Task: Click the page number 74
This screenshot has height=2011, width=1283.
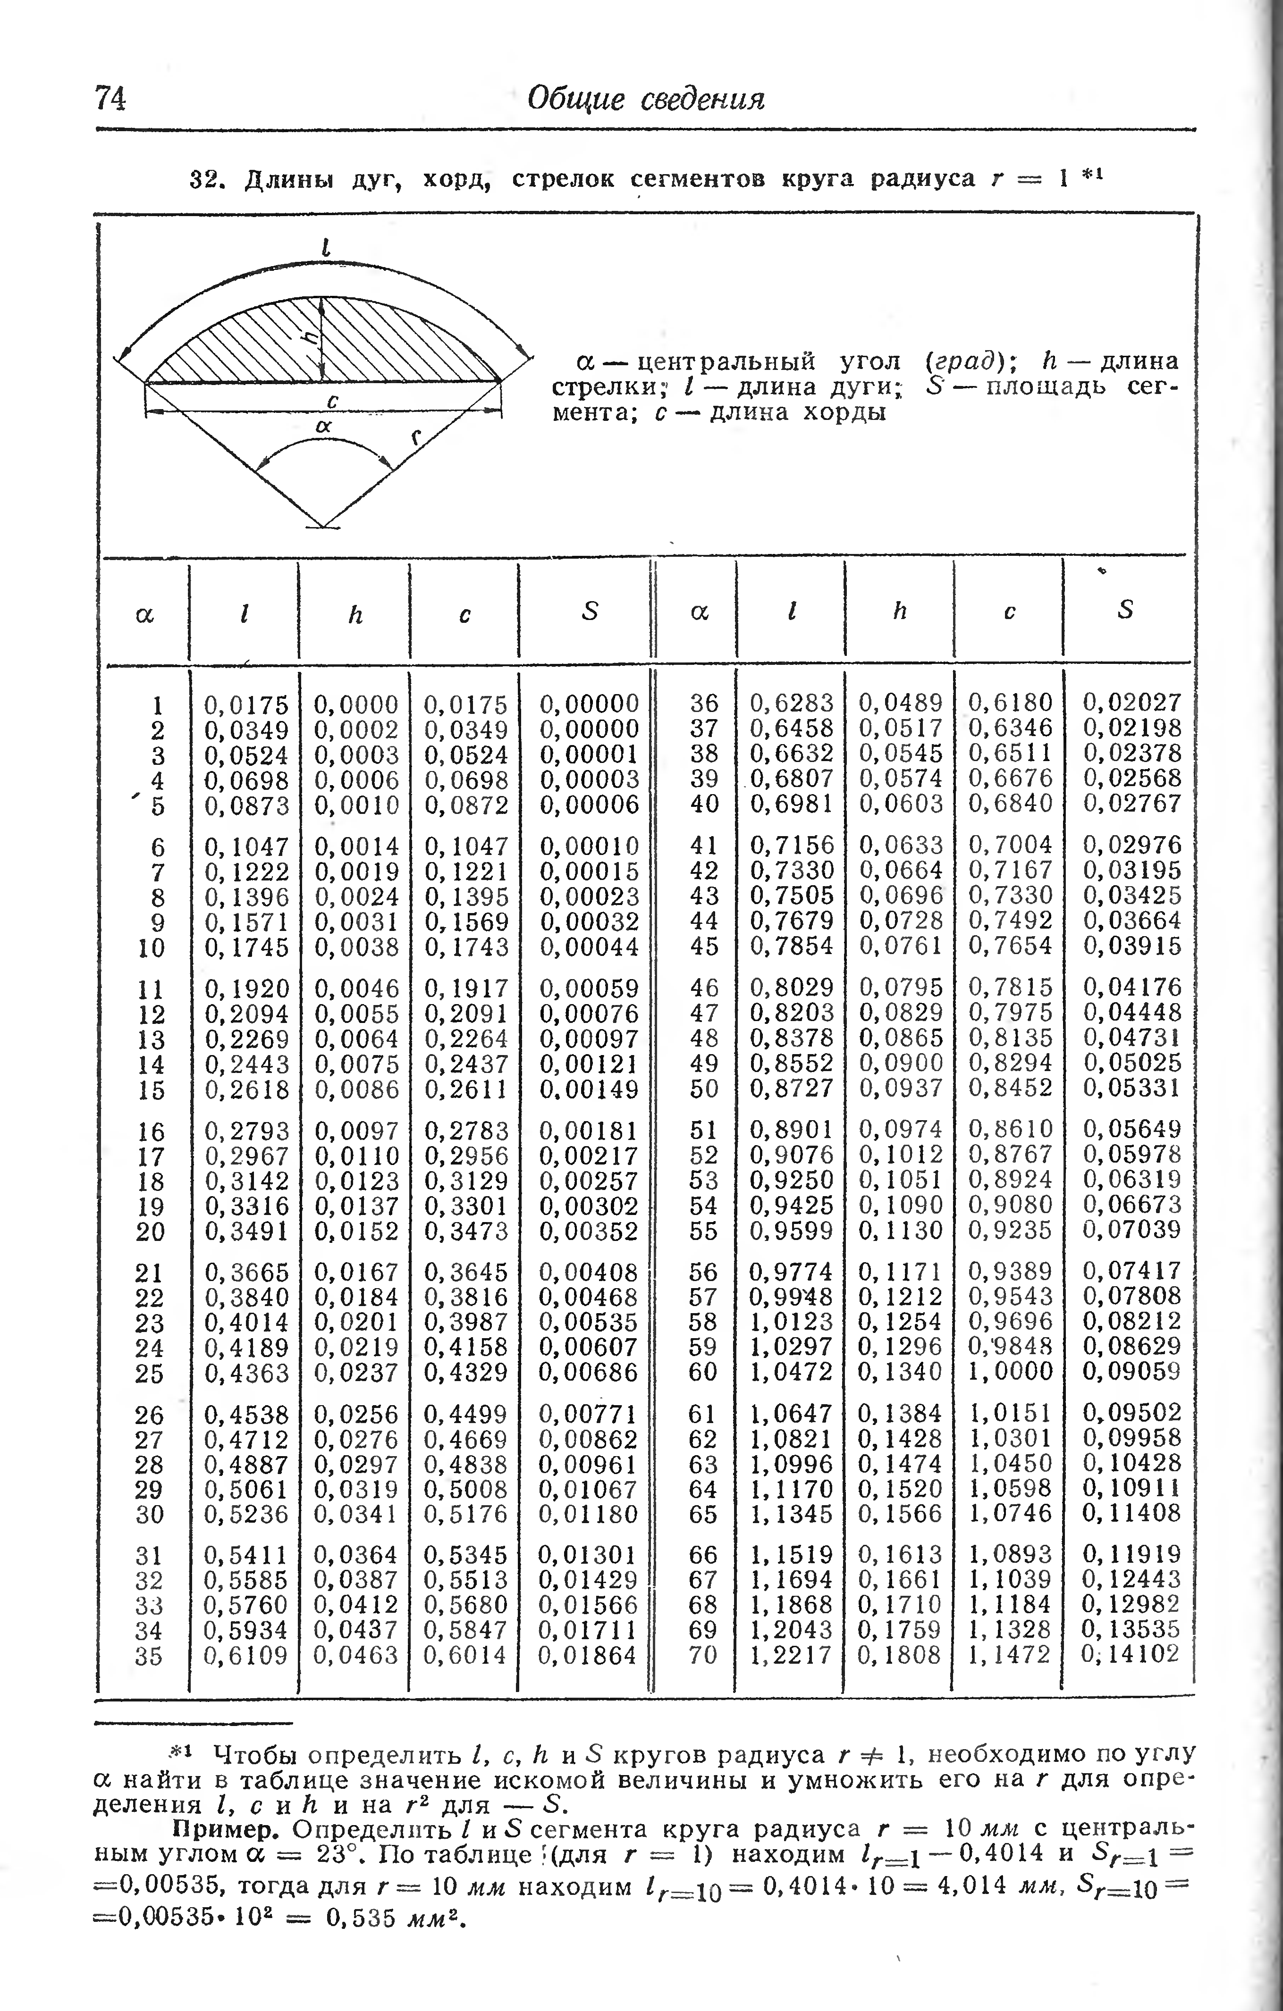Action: [110, 99]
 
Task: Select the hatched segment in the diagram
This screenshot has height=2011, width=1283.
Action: [251, 351]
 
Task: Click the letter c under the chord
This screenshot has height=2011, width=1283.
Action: [332, 402]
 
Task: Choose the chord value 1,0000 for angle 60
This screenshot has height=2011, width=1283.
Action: [1011, 1371]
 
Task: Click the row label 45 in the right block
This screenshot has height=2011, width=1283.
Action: [704, 946]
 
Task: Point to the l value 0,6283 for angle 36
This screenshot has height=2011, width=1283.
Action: [791, 703]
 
